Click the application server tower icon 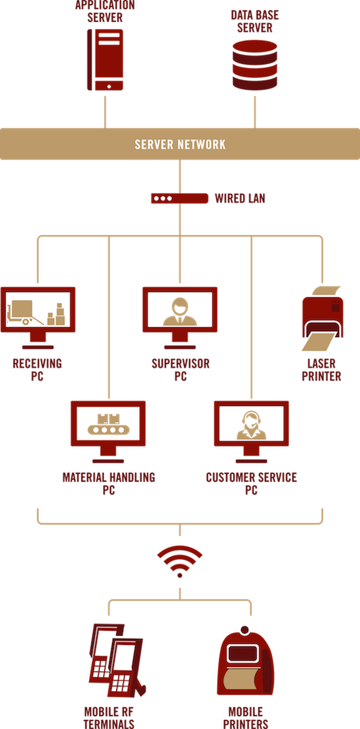coord(105,60)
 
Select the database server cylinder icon coord(255,66)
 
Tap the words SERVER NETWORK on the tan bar coord(180,144)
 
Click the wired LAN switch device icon coord(179,198)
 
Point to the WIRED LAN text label coord(240,198)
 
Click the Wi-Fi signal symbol coord(180,560)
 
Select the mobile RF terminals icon coord(116,661)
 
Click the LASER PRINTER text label coord(321,370)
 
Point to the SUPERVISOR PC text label coord(181,370)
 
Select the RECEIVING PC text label coord(37,370)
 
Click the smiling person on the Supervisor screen coord(180,311)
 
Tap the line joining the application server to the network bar coord(105,111)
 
